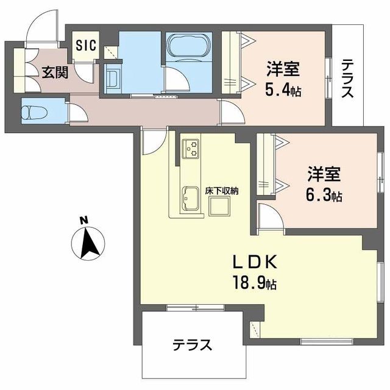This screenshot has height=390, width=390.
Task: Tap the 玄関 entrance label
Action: [x=54, y=71]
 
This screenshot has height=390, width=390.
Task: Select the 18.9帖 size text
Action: [x=255, y=283]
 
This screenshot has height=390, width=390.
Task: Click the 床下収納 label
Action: [x=221, y=191]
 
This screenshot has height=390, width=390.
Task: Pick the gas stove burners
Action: [x=191, y=148]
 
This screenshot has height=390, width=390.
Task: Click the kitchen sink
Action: [x=191, y=199]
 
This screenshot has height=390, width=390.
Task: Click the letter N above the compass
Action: [x=86, y=219]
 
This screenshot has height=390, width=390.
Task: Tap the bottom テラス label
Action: [x=191, y=345]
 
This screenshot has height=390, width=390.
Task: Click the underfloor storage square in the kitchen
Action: [x=221, y=208]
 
